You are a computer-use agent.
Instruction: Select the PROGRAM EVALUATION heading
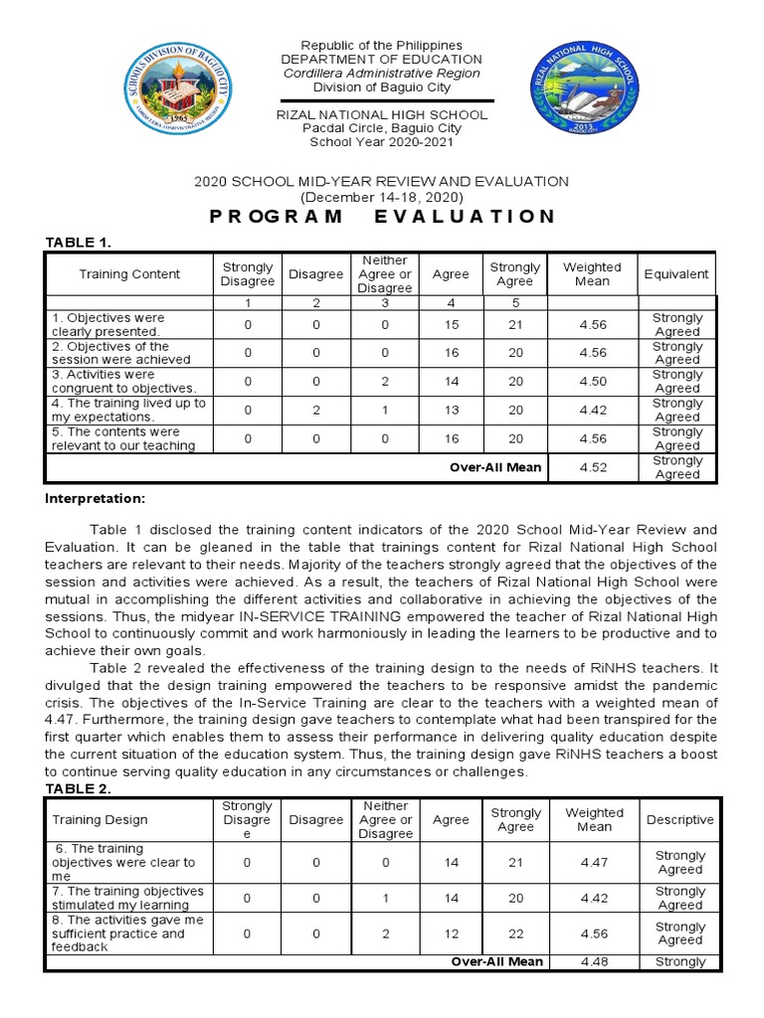point(381,217)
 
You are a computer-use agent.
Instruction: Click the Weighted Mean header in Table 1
point(591,273)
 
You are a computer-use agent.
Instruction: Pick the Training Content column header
point(130,273)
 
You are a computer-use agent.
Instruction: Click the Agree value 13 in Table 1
point(452,410)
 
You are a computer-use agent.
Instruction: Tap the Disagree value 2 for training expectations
point(315,410)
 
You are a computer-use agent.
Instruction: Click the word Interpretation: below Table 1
point(95,497)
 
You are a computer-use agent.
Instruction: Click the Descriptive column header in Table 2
point(679,820)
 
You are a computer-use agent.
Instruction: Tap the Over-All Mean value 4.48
point(595,961)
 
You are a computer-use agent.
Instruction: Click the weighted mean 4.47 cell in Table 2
point(595,863)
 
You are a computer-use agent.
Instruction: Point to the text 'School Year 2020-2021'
point(381,141)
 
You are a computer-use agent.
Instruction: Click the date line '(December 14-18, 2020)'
point(381,197)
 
